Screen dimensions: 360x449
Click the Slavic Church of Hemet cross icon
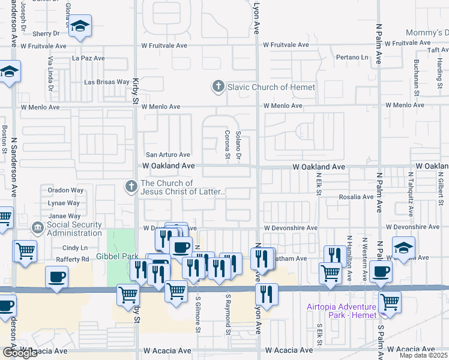(x=218, y=87)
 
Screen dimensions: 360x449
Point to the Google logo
(x=20, y=353)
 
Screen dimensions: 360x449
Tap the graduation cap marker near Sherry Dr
(x=79, y=26)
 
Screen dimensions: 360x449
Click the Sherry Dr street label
(x=46, y=34)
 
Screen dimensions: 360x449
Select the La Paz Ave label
(x=88, y=58)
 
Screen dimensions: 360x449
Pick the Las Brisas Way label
(x=107, y=82)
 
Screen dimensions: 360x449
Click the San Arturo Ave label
(x=168, y=155)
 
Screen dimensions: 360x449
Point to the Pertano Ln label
(x=352, y=57)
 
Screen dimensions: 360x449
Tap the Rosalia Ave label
(x=356, y=197)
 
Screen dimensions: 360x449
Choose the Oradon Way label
(x=65, y=190)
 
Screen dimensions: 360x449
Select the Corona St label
(x=228, y=145)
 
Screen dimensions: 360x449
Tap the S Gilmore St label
(x=197, y=314)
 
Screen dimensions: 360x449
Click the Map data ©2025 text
(x=423, y=355)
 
